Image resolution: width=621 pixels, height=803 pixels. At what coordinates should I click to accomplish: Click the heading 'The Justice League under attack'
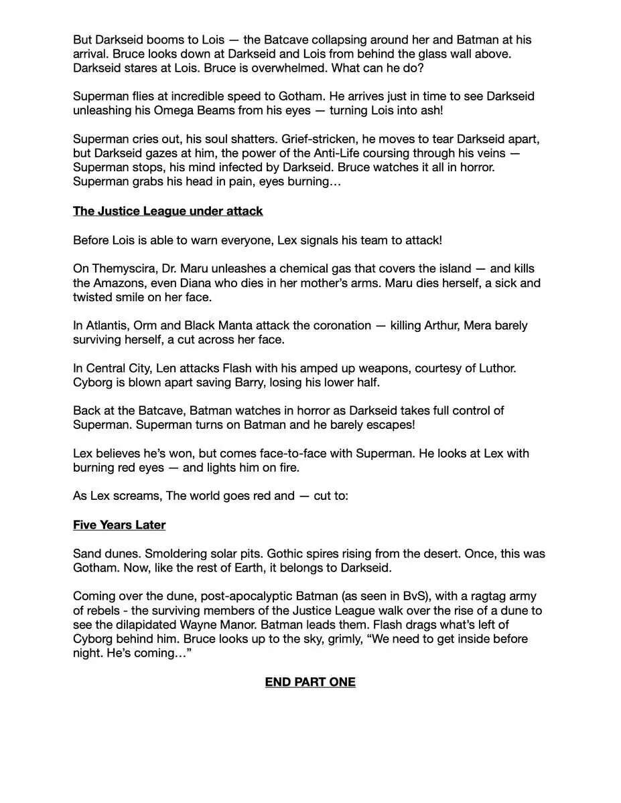[167, 211]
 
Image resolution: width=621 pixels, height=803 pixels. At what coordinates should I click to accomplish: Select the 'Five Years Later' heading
[119, 525]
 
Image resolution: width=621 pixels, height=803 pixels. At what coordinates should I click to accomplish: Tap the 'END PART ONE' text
[310, 682]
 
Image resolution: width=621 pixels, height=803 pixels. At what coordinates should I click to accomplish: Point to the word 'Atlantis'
[108, 325]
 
